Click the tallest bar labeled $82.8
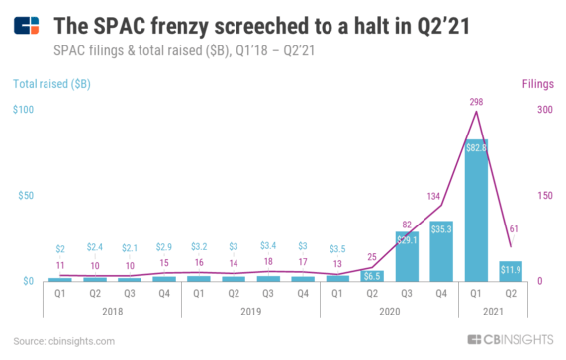[476, 211]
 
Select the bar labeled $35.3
[441, 251]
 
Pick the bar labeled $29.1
[407, 256]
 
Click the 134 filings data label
[434, 196]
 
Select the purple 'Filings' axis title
[529, 86]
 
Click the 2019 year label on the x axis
[250, 311]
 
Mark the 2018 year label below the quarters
[112, 311]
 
